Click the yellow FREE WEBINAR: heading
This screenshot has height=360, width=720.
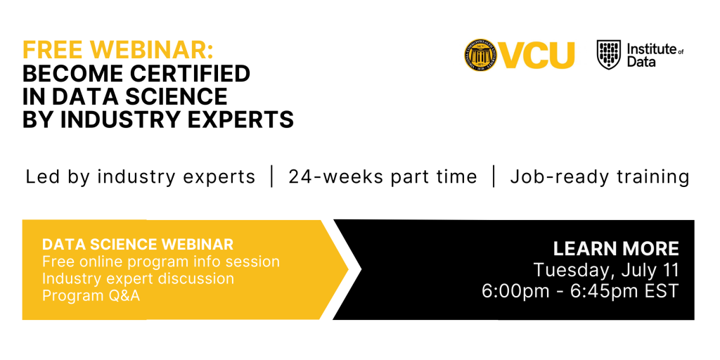(117, 50)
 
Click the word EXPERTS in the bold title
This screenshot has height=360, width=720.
(239, 120)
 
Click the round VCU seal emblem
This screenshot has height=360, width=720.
(482, 55)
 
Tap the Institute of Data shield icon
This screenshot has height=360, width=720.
(609, 55)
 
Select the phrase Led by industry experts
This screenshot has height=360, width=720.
(141, 176)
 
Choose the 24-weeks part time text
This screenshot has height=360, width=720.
(382, 176)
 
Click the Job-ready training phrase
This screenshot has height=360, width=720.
(600, 176)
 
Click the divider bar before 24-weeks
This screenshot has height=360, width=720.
(272, 176)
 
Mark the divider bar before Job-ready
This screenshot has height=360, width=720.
(494, 176)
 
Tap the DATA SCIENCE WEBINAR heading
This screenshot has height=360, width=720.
(138, 245)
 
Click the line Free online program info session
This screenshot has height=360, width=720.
(161, 262)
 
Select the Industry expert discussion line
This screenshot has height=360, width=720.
(138, 278)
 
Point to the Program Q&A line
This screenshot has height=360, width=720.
(91, 295)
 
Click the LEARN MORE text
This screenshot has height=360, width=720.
(616, 248)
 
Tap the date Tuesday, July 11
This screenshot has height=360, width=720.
(606, 270)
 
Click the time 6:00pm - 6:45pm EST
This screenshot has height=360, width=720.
(580, 291)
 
